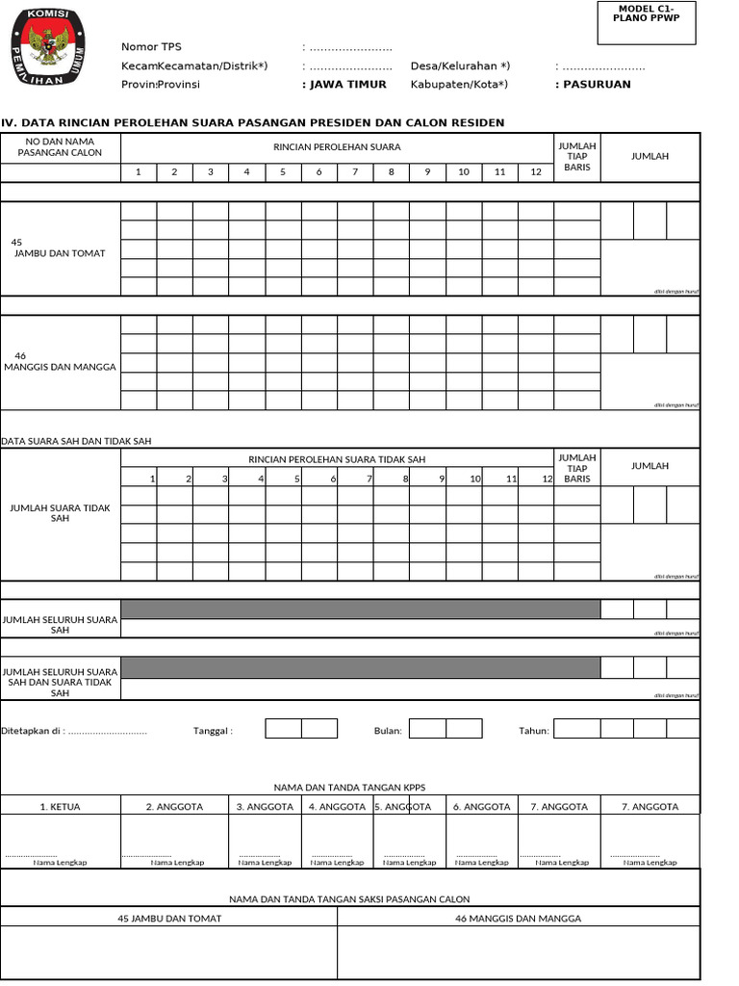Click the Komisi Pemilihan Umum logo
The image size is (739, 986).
coord(46,48)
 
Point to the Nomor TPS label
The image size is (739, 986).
coord(151,47)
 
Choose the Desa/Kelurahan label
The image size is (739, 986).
coord(460,65)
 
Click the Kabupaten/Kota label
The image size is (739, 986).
coord(459,84)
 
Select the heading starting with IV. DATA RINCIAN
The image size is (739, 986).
coord(252,122)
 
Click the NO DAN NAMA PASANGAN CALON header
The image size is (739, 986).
coord(60,146)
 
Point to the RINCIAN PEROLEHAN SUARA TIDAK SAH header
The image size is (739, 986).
coord(337,459)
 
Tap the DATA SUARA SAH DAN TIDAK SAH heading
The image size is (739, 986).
coord(77,441)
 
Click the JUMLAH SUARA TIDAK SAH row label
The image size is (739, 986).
coord(60,512)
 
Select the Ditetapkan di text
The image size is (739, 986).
coord(75,731)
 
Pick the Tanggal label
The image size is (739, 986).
coord(213,731)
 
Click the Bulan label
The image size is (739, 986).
coord(388,731)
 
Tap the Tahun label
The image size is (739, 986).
coord(534,731)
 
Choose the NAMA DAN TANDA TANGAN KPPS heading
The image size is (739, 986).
coord(349,788)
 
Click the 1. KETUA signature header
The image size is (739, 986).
coord(60,807)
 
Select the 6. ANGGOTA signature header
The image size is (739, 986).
coord(481,807)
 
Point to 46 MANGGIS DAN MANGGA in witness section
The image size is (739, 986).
coord(518,919)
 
